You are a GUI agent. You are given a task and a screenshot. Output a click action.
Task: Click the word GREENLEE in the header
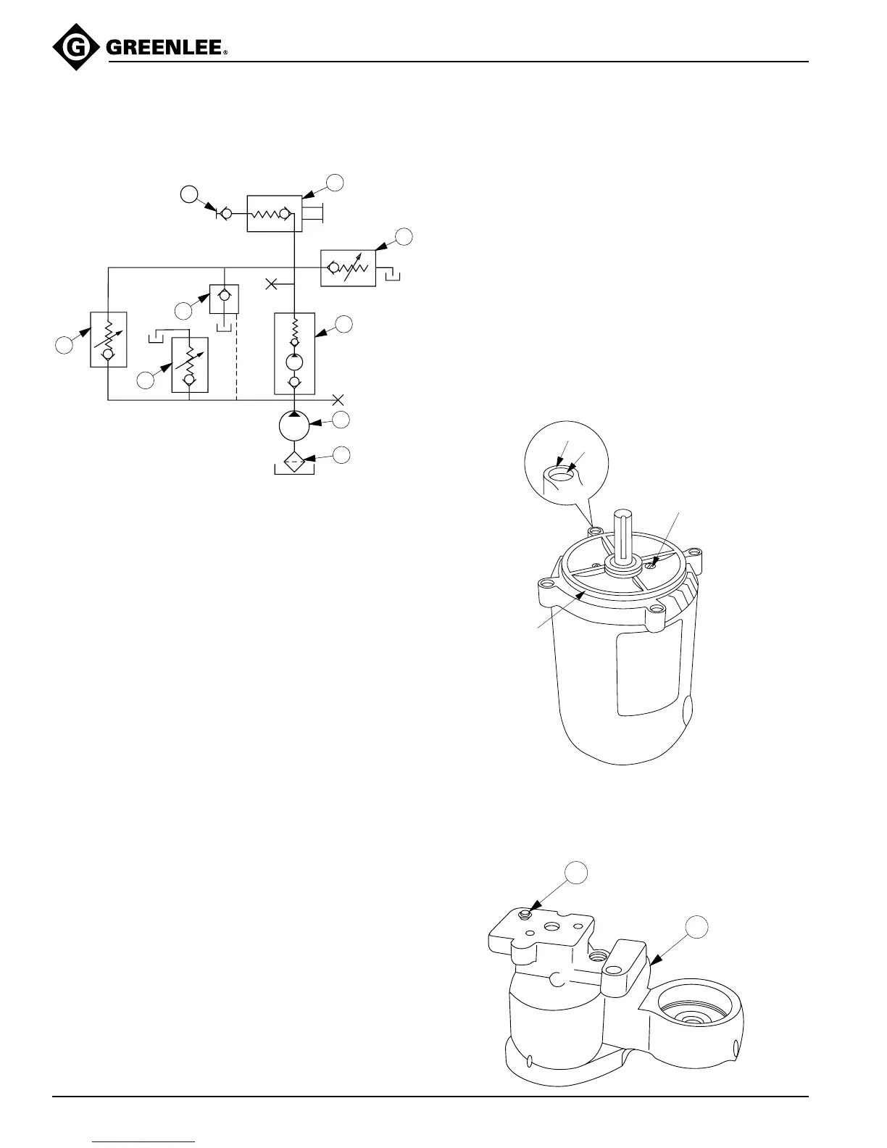tap(165, 49)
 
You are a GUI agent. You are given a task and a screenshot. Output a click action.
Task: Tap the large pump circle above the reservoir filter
tap(294, 425)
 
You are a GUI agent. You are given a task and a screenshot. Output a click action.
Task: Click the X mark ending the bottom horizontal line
tap(338, 399)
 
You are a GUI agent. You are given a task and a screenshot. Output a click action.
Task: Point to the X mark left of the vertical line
tap(272, 283)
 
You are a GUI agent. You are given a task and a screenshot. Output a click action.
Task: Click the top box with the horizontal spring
tap(274, 213)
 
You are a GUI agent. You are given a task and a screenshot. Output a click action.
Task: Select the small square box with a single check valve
tap(225, 299)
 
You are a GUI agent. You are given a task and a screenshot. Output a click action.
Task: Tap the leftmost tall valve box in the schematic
tap(109, 339)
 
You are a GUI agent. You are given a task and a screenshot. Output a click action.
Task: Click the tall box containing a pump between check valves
tap(294, 353)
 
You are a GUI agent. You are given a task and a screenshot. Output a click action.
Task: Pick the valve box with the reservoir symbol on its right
tap(348, 267)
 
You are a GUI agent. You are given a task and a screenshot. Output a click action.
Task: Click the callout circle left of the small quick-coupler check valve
tap(188, 194)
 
